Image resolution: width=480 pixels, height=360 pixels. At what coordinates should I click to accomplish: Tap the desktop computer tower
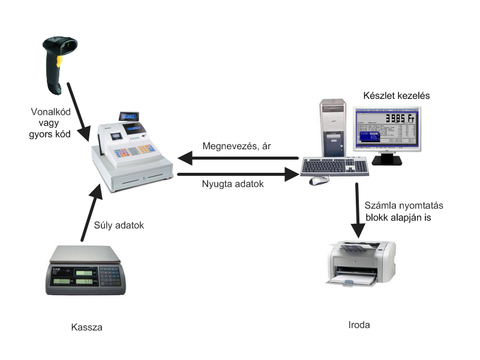tap(332, 129)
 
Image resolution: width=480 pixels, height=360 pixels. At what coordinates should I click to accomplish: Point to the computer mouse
tap(319, 180)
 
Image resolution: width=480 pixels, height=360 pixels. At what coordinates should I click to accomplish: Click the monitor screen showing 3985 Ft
tap(386, 128)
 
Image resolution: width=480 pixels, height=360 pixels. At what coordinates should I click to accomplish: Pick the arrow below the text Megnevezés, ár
tap(240, 159)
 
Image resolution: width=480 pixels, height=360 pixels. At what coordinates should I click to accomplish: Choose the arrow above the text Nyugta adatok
tap(240, 175)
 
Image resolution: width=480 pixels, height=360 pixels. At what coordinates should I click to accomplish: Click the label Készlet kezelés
tap(397, 95)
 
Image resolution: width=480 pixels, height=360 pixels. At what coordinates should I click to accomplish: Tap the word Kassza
tap(86, 328)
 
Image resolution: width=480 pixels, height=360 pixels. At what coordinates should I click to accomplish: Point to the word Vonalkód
tap(50, 111)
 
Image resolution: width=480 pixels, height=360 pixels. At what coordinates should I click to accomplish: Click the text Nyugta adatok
tap(232, 185)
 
